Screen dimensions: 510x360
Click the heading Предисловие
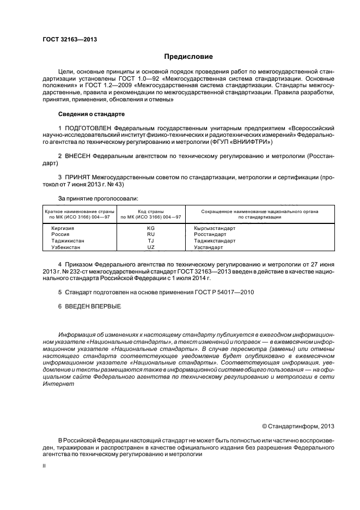[188, 57]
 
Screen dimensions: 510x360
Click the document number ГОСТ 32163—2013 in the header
[66, 40]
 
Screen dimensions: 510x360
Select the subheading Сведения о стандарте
[91, 114]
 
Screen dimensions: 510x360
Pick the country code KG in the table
[151, 228]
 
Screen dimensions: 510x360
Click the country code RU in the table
[151, 234]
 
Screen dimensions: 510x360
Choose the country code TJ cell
[151, 240]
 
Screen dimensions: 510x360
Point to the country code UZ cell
[151, 247]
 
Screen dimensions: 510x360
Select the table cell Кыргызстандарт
[215, 228]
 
